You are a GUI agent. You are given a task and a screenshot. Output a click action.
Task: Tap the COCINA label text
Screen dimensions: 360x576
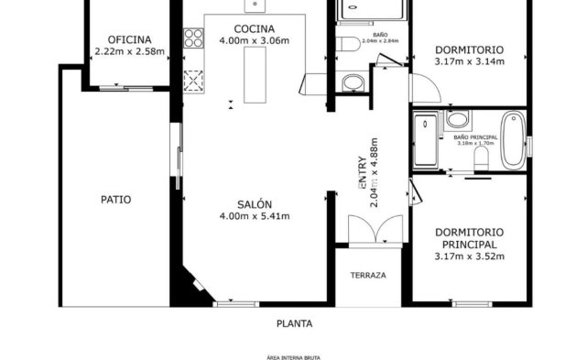coord(254,28)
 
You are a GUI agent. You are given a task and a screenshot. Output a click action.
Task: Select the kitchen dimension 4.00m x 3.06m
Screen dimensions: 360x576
coord(254,41)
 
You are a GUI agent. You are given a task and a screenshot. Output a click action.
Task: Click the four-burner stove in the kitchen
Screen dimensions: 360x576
coord(193,38)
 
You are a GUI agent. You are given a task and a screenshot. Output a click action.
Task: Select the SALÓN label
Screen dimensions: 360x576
coord(254,204)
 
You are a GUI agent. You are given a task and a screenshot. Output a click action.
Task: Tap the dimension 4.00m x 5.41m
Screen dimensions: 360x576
coord(254,217)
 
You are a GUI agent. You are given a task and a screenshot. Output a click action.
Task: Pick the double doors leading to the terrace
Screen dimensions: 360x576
coord(371,229)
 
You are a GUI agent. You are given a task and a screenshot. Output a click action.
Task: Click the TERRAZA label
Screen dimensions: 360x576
coord(368,275)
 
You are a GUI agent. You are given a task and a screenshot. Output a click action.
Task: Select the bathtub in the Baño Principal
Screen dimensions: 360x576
coord(513,140)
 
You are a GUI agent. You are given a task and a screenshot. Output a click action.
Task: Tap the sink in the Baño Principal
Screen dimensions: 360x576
coord(457,119)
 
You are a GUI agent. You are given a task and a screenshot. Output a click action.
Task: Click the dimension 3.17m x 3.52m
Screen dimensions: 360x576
coord(469,256)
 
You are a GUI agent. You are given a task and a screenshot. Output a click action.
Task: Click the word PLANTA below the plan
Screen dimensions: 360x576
coord(295,323)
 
